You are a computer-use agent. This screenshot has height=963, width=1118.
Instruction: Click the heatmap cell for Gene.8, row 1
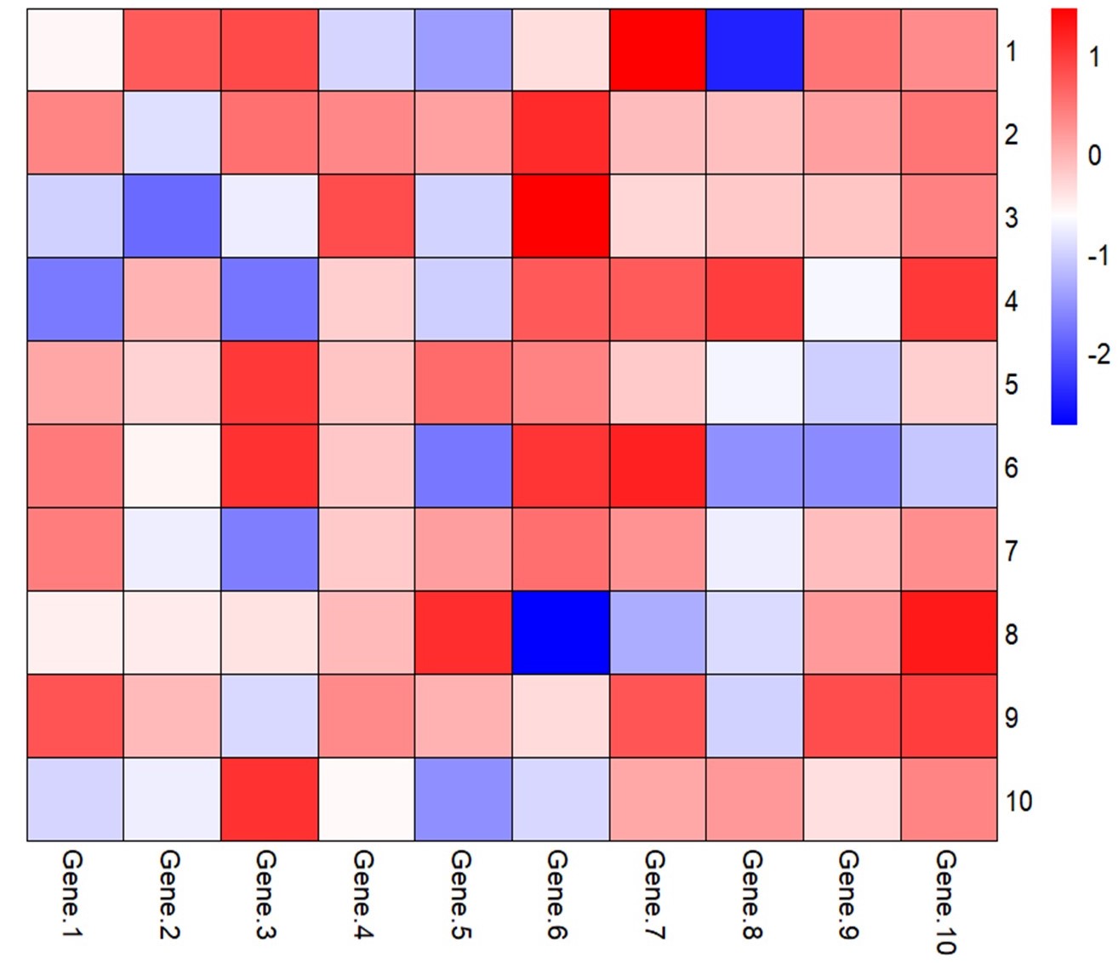[755, 50]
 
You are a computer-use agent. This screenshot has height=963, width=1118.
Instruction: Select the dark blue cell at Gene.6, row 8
[561, 633]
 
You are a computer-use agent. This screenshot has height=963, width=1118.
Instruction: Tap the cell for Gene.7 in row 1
[658, 50]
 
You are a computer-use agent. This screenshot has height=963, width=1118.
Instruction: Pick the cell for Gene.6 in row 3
[561, 216]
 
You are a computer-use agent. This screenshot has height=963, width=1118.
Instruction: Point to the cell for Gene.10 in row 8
[949, 633]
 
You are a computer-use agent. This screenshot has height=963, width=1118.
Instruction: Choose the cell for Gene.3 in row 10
[270, 800]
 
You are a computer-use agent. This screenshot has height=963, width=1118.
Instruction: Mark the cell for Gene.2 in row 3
[172, 216]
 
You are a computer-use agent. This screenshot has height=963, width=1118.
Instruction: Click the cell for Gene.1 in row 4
[75, 299]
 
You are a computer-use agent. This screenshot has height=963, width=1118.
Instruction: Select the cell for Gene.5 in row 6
[464, 466]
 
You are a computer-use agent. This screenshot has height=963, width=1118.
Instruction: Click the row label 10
[1018, 801]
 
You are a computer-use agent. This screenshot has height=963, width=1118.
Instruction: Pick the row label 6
[1011, 467]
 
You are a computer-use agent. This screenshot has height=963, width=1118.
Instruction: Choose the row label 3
[1011, 217]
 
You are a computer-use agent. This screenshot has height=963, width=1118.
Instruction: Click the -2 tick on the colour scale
[1098, 354]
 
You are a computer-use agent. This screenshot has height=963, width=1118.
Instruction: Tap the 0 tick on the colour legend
[1095, 155]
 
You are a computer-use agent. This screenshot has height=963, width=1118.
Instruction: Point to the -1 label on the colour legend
[1098, 254]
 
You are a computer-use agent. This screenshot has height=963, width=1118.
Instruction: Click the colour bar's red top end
[1064, 17]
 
